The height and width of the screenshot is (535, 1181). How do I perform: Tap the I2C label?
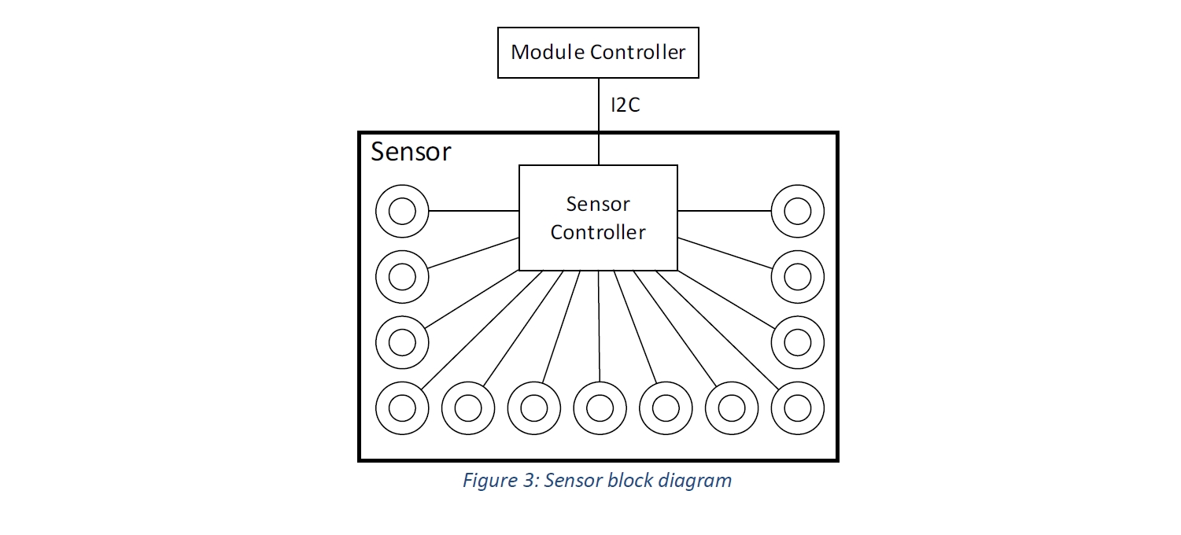626,105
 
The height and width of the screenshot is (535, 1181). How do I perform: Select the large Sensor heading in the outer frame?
411,152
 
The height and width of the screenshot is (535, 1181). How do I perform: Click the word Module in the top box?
548,52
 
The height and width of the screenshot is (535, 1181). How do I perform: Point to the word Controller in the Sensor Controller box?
598,232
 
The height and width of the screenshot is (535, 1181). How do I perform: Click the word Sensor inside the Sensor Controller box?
598,205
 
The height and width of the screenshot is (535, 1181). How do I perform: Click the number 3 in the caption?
530,481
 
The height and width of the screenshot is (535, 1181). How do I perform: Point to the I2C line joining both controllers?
599,122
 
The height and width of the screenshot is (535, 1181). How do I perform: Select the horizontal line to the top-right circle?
725,211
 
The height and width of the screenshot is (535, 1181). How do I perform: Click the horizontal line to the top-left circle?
474,211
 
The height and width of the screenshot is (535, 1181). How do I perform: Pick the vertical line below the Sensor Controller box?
599,327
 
